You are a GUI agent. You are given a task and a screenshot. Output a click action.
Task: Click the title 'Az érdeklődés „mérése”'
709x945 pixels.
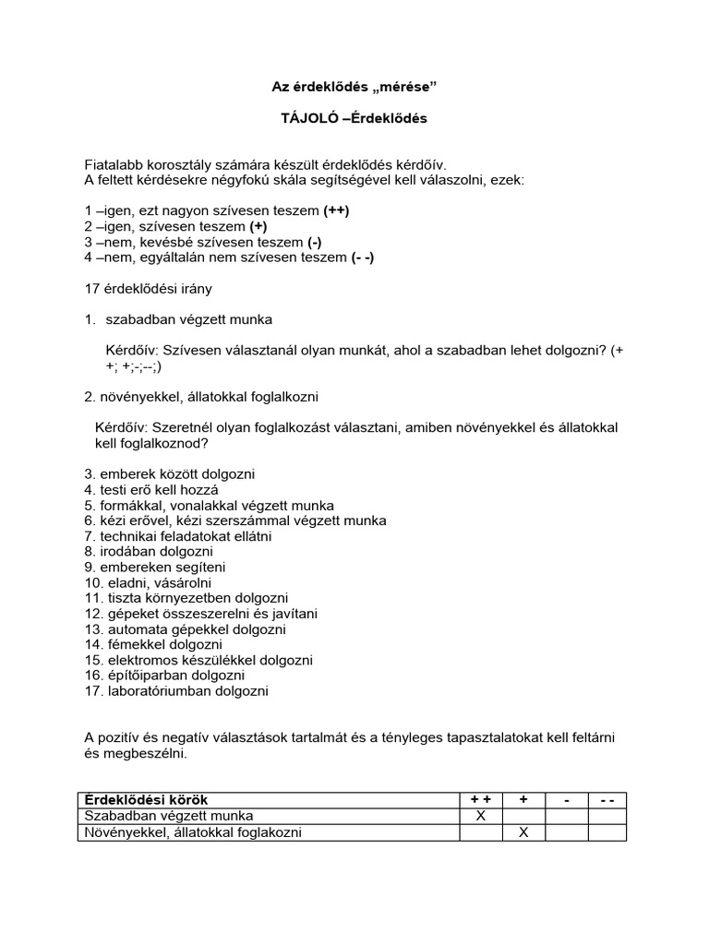click(354, 87)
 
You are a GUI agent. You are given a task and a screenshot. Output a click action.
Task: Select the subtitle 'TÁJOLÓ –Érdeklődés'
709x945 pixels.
click(354, 118)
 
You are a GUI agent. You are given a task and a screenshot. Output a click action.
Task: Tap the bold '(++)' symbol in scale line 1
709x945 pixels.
click(336, 210)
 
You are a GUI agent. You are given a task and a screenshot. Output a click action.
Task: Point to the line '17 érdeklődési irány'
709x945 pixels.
click(148, 289)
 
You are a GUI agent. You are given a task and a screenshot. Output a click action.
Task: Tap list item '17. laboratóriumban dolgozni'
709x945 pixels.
click(176, 690)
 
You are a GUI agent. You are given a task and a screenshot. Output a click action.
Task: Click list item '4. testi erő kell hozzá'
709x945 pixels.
click(151, 490)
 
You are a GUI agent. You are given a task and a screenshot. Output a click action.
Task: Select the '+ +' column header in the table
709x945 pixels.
click(480, 800)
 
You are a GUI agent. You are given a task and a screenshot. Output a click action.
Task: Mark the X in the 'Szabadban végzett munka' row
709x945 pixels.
click(480, 817)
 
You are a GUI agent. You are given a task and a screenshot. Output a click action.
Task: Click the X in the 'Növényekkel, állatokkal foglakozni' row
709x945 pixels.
click(523, 832)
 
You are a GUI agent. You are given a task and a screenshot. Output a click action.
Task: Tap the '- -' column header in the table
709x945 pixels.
click(607, 800)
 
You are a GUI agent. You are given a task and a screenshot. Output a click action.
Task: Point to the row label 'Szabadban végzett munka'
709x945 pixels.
click(168, 817)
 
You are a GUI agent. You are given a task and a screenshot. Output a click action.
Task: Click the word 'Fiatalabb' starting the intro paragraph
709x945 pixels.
click(114, 164)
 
